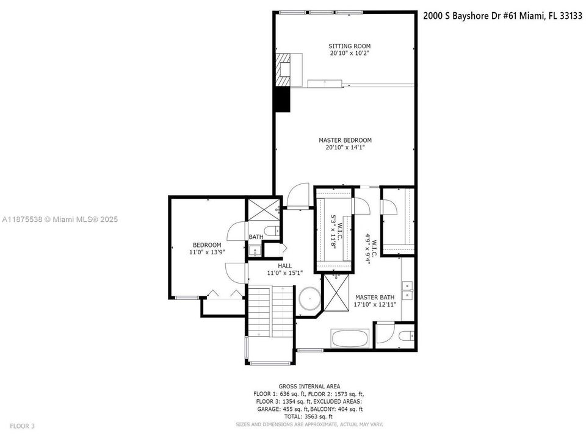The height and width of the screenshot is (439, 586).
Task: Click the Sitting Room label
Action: pos(349,46)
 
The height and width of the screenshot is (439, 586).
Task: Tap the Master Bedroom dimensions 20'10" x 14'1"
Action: pos(345,148)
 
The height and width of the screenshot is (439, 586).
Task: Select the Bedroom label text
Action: pos(207,245)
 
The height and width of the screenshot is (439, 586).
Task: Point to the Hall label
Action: pos(285,266)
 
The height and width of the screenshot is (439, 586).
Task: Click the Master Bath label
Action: pos(375,298)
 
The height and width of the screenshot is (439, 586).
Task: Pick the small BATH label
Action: pos(256,237)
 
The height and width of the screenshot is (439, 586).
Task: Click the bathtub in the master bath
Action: pos(350,338)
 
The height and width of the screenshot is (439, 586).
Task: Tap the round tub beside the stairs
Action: pos(309,299)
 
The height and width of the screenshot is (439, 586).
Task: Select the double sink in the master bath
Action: pos(407,291)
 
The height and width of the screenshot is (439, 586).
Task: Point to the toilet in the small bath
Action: pos(272,230)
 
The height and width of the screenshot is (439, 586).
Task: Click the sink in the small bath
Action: pos(255,251)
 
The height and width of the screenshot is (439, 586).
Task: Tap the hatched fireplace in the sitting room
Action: pos(283,70)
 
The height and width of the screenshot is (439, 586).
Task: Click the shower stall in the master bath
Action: pos(336,293)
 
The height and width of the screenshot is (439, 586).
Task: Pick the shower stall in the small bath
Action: pos(264,209)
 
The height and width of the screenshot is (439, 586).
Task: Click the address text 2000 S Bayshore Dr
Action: pos(461,16)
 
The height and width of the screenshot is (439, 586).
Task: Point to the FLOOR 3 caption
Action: pos(22,426)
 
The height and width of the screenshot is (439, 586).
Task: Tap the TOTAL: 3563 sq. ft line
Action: pos(309,416)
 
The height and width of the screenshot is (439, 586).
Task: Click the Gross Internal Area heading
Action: pos(309,387)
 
